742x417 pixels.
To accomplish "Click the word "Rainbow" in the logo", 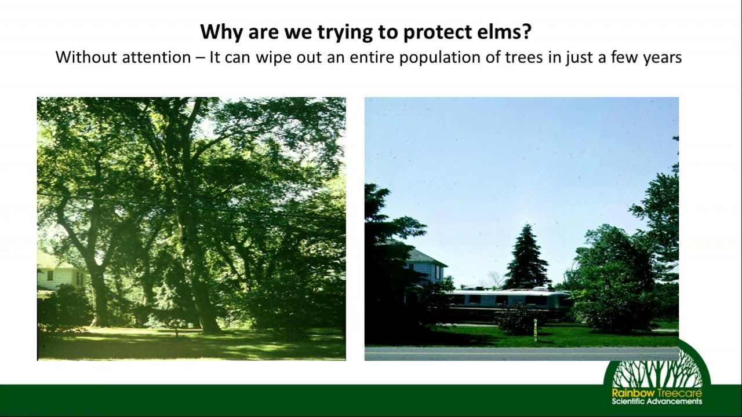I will (627, 393).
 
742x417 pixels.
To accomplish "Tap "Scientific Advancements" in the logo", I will (657, 401).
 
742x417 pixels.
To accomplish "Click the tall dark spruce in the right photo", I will (526, 258).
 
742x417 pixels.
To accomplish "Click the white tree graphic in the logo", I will (657, 371).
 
